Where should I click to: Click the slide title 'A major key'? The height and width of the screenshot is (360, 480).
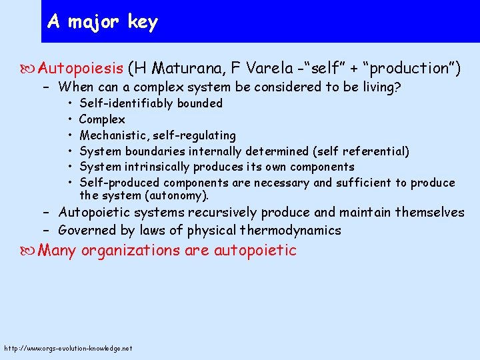point(103,22)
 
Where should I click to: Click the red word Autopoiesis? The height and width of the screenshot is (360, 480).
point(81,68)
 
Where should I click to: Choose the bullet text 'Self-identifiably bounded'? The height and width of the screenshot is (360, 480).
point(151,103)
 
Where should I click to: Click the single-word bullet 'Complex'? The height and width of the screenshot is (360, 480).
point(102,119)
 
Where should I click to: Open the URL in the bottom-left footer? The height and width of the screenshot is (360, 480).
point(68,348)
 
